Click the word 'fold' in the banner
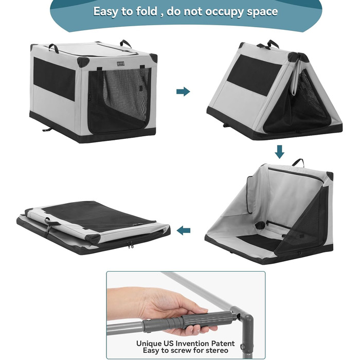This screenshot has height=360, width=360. pyautogui.click(x=147, y=11)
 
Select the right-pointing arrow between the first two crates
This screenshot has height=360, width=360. pyautogui.click(x=183, y=92)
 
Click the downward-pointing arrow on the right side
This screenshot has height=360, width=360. pyautogui.click(x=279, y=152)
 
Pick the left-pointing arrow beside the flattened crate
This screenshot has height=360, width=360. pyautogui.click(x=184, y=230)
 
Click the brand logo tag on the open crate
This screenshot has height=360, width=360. pyautogui.click(x=120, y=64)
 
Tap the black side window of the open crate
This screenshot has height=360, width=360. pyautogui.click(x=55, y=79)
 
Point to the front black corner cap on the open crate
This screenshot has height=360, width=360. pyautogui.click(x=83, y=62)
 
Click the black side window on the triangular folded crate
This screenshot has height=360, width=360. pyautogui.click(x=254, y=75)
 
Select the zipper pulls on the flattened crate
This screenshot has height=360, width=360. pyautogui.click(x=131, y=245)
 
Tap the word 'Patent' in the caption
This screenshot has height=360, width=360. pyautogui.click(x=223, y=344)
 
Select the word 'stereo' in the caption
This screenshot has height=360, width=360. pyautogui.click(x=217, y=350)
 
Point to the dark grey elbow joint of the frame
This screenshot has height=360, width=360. pyautogui.click(x=246, y=320)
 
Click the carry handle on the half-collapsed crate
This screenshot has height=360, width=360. pyautogui.click(x=298, y=163)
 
